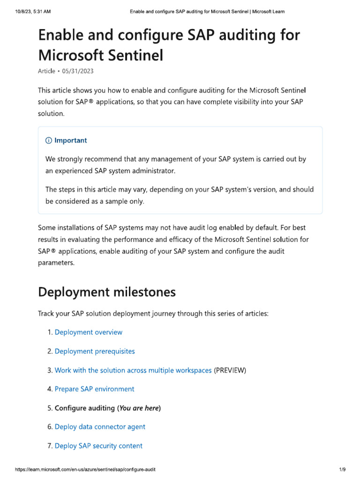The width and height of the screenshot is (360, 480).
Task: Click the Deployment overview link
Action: [x=88, y=332]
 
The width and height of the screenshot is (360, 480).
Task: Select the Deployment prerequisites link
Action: [x=94, y=351]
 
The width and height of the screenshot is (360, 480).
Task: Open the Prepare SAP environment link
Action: [x=94, y=389]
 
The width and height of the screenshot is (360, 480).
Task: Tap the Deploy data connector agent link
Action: [x=100, y=427]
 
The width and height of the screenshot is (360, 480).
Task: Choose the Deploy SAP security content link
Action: [x=98, y=446]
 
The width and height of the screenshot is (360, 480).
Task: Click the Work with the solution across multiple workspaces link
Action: [x=133, y=370]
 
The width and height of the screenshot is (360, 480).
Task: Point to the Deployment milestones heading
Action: [x=106, y=292]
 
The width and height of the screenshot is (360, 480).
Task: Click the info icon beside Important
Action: [x=49, y=141]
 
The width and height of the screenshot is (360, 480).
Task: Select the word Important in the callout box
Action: [x=70, y=141]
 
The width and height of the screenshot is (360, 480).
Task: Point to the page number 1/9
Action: [x=342, y=469]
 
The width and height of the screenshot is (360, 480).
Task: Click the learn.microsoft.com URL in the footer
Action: [x=85, y=469]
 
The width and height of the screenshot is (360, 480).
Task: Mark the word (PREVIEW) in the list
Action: [x=230, y=370]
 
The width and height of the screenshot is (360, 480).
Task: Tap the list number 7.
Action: [x=49, y=446]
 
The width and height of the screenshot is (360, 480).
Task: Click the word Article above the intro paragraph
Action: [x=46, y=71]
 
